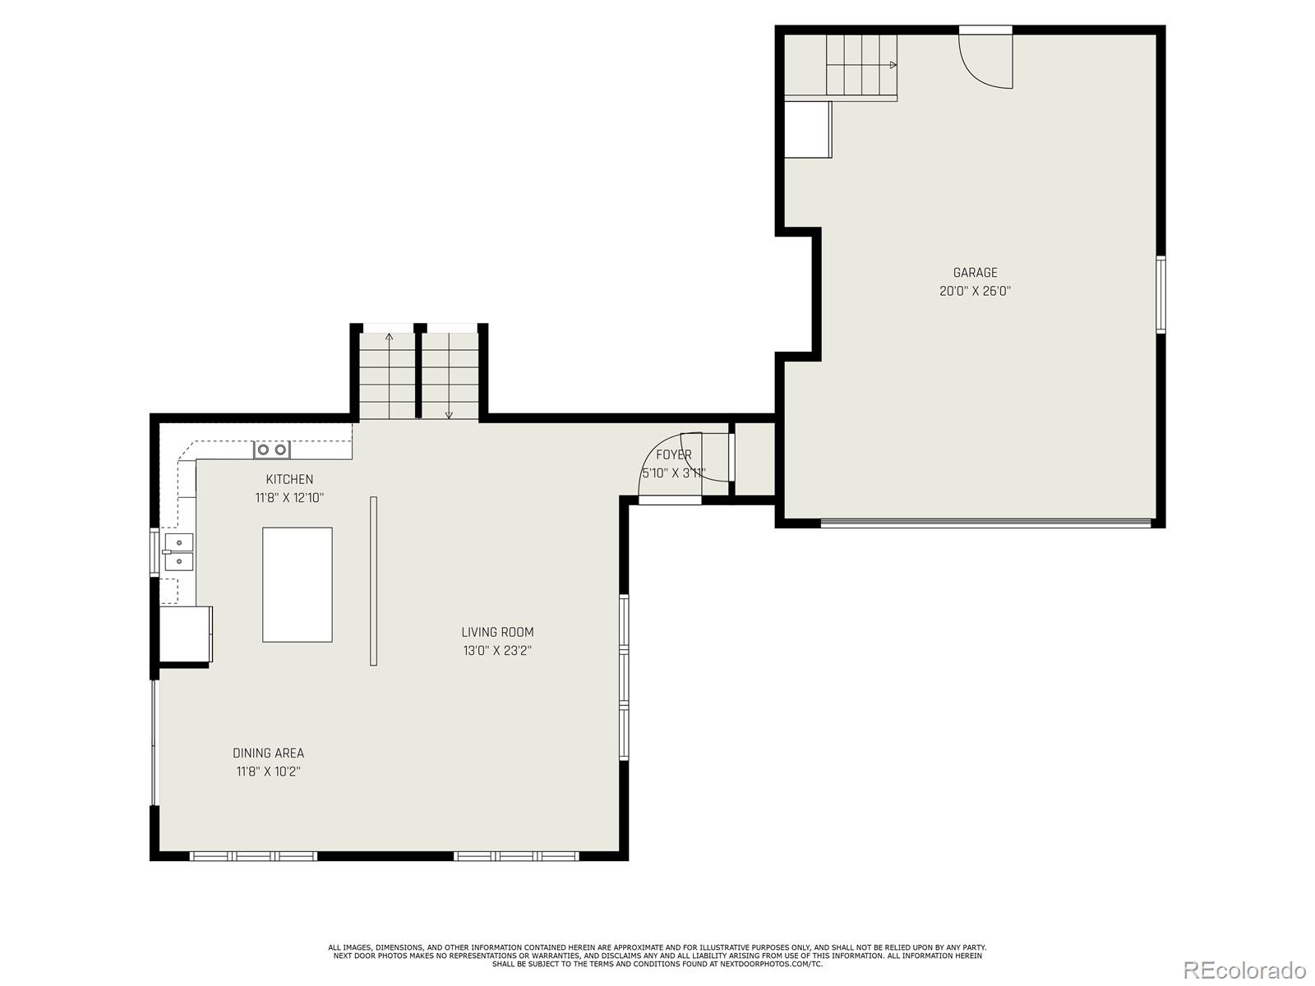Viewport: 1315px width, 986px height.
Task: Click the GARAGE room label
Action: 975,273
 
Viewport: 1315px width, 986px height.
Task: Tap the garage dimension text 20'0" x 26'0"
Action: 975,291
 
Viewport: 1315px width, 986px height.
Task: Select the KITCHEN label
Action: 289,479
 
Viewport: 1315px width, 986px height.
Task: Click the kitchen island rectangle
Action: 298,584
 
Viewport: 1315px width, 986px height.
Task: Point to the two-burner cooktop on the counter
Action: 271,449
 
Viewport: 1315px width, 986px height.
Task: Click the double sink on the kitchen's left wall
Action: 178,551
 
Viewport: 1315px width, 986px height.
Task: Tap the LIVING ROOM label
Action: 497,632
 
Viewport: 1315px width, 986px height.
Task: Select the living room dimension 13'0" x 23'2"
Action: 497,651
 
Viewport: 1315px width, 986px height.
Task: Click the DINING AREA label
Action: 268,753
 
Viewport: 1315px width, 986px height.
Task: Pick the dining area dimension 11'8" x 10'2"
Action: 268,772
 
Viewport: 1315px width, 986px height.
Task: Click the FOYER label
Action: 673,454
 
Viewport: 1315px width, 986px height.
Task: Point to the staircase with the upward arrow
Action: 389,374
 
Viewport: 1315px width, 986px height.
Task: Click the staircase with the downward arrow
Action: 450,374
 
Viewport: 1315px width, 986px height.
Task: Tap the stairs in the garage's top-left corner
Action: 861,66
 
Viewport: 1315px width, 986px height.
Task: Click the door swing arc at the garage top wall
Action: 985,62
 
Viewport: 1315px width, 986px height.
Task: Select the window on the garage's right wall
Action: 1160,294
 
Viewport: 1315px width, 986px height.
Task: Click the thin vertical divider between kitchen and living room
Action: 373,581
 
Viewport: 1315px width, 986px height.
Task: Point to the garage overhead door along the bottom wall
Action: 985,521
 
